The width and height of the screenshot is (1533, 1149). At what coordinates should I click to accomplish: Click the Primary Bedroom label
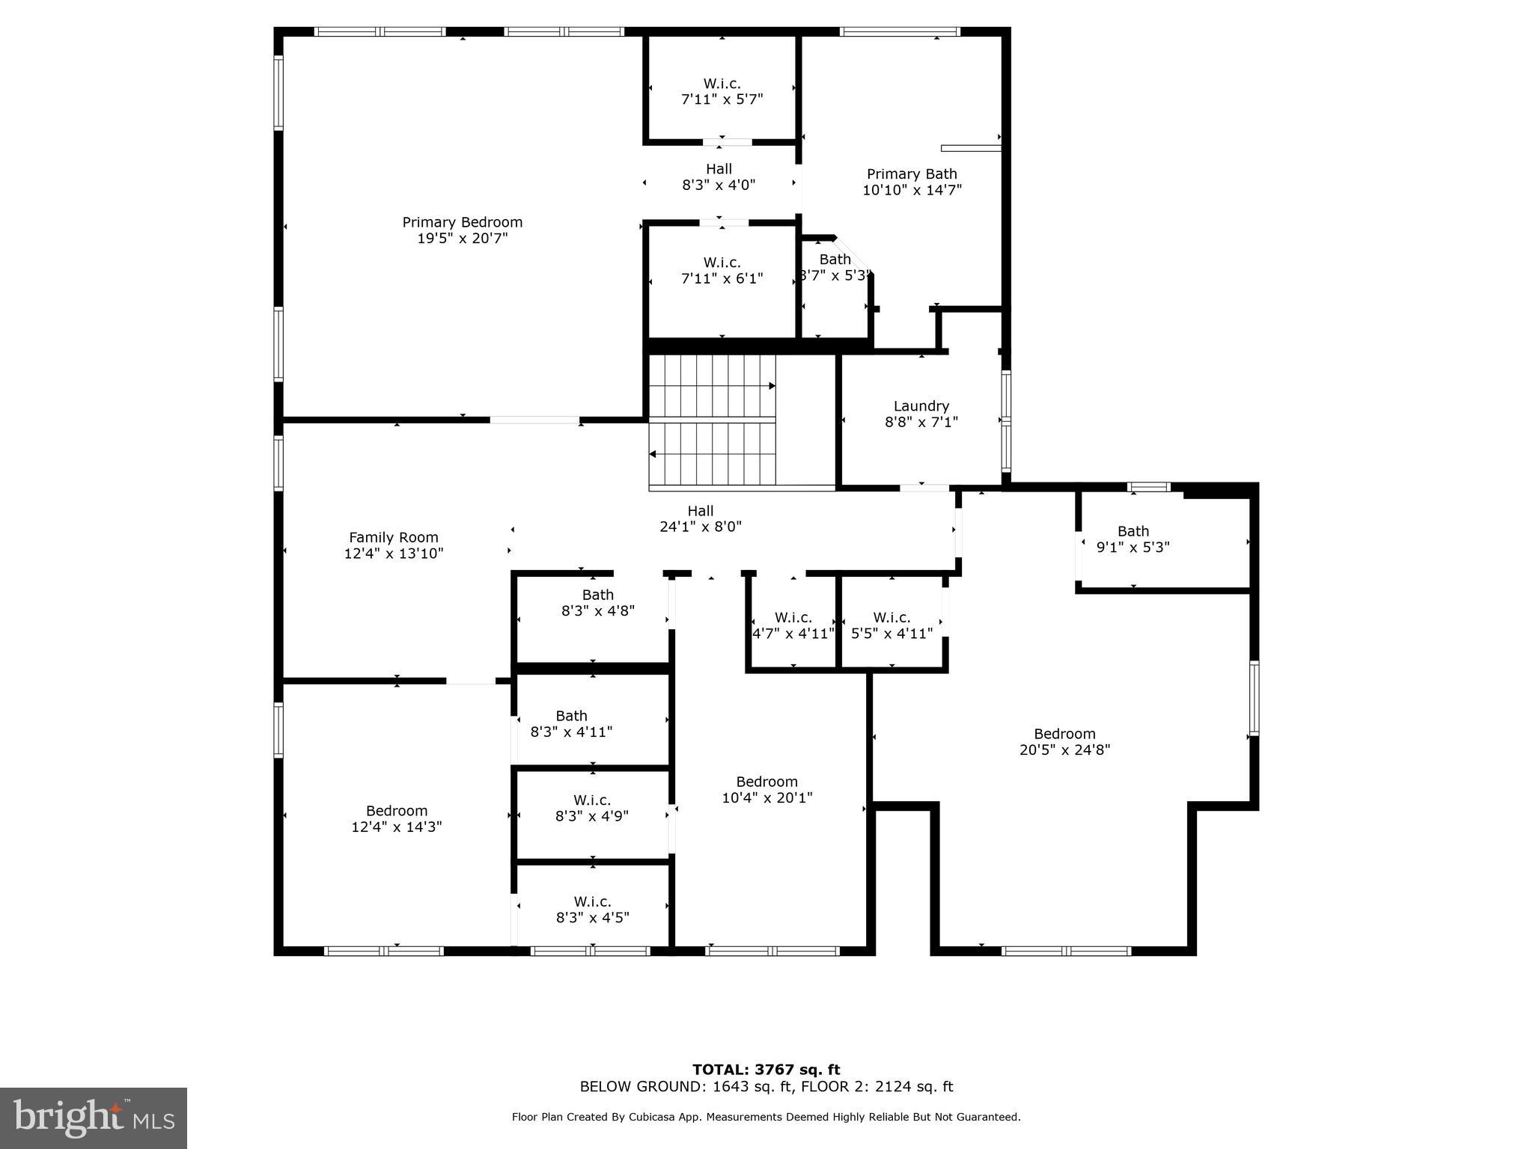pos(462,222)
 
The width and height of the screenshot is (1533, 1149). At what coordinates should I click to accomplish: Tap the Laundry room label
pos(921,406)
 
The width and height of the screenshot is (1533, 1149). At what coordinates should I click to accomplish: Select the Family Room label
pos(393,537)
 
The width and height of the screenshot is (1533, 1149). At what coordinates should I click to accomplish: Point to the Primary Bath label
pos(912,174)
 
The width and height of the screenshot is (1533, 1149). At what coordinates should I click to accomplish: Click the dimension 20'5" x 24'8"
pos(1064,750)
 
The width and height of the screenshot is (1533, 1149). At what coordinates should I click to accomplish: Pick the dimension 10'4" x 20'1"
pos(766,797)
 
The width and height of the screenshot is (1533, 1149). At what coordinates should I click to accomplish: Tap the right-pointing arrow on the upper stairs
pos(772,386)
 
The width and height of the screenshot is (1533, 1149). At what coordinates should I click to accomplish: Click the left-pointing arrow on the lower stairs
pos(653,454)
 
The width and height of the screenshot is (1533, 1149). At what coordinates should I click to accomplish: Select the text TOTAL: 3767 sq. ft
pos(766,1070)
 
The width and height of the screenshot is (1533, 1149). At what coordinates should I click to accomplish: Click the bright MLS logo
pos(94,1118)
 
